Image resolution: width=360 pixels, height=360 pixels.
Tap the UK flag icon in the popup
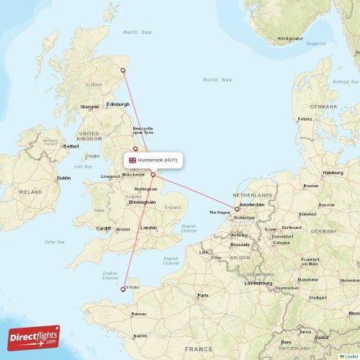[132, 160]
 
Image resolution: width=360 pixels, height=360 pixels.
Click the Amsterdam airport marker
[237, 209]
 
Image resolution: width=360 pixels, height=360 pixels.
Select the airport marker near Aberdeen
[122, 70]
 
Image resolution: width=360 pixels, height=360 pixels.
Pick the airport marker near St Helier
[123, 290]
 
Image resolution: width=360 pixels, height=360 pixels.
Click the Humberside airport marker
[153, 174]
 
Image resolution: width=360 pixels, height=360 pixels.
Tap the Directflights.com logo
[34, 337]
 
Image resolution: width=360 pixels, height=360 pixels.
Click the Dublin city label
[64, 178]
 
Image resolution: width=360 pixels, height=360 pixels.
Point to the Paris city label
[204, 295]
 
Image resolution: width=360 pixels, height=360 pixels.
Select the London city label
[148, 228]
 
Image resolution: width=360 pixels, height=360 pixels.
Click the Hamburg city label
[333, 173]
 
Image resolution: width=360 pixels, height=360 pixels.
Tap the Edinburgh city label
[117, 104]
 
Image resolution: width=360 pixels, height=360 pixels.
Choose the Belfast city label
[71, 146]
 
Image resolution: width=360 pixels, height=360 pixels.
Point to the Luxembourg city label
[263, 283]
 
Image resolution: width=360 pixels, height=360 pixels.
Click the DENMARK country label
[323, 107]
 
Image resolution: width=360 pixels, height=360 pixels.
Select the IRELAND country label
[31, 192]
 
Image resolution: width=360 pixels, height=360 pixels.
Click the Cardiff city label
[104, 229]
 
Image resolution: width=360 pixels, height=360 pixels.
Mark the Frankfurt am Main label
[310, 261]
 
